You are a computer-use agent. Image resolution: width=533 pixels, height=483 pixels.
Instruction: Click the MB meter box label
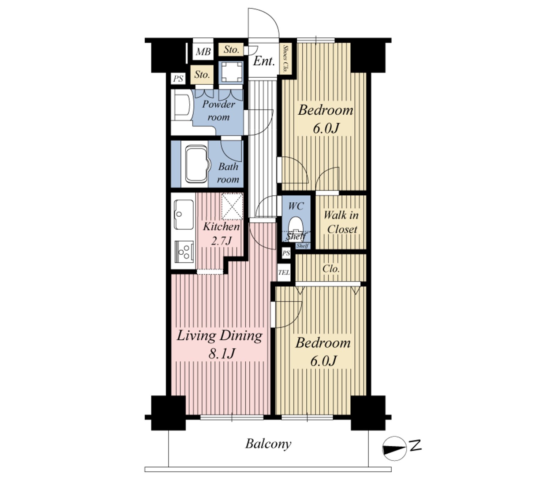[203, 52]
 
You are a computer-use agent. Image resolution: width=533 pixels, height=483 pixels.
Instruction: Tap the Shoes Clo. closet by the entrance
[286, 59]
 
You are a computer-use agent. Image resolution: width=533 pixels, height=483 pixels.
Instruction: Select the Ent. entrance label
[263, 61]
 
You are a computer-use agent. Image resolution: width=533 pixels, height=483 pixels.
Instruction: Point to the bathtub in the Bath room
[196, 164]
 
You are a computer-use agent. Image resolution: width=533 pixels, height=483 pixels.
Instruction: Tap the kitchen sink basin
[184, 214]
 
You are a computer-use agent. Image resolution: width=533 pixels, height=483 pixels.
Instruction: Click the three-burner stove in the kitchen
[184, 251]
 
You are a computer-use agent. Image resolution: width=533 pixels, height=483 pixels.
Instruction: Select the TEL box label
[284, 272]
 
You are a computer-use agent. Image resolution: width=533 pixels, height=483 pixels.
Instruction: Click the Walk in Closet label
[341, 222]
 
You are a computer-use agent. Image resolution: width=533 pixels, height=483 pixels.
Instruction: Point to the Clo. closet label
[331, 269]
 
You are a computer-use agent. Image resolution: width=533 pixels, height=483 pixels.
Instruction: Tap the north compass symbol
[395, 449]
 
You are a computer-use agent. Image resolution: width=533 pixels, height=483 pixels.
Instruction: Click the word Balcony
[268, 444]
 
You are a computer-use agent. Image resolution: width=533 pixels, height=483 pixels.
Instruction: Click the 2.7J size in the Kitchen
[221, 240]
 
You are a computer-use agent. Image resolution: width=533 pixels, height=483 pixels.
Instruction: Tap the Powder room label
[219, 110]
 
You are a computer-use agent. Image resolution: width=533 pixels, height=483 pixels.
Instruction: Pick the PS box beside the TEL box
[286, 253]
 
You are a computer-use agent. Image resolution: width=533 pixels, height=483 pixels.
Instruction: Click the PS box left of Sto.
[178, 79]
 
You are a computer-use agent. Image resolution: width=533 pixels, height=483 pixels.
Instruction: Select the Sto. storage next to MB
[231, 49]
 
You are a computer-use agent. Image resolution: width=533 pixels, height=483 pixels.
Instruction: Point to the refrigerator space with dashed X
[232, 207]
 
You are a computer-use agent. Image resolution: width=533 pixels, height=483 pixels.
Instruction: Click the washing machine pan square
[231, 72]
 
